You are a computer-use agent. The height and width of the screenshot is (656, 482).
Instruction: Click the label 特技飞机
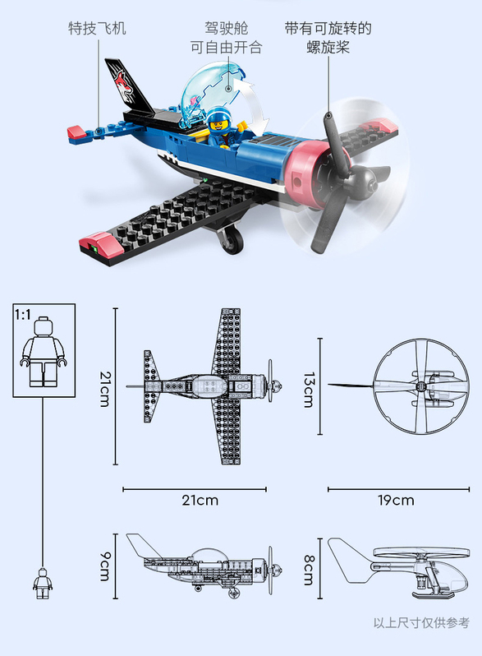pos(97,29)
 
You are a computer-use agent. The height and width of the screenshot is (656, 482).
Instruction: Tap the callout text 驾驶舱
pos(226,29)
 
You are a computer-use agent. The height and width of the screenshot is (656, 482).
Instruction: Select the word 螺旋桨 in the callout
pos(328,47)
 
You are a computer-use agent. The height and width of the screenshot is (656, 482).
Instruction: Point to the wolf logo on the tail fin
pos(125,84)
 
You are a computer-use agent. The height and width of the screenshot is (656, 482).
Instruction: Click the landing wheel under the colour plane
pos(232,240)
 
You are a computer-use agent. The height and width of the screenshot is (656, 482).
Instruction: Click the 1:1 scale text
pos(22,314)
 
